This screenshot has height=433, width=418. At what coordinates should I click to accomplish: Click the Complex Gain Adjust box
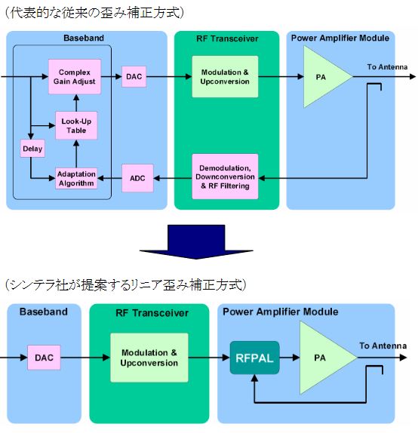click(75, 76)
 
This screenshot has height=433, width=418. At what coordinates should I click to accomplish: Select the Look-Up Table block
click(76, 125)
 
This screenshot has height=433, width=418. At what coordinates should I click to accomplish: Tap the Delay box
click(32, 149)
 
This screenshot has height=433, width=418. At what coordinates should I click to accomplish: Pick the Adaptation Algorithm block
click(76, 178)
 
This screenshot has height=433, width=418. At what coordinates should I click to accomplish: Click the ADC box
click(137, 178)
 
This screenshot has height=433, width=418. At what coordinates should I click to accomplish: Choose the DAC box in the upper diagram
click(134, 76)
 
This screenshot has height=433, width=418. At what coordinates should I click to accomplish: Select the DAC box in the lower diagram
click(44, 358)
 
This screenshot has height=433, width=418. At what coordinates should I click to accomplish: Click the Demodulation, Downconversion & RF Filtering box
click(225, 177)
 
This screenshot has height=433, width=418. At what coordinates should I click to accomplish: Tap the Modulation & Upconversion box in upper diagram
click(225, 76)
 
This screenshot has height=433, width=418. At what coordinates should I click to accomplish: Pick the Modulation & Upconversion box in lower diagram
click(149, 358)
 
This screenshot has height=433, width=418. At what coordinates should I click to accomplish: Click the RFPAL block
click(254, 358)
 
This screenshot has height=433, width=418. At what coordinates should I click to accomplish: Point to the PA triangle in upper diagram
click(322, 76)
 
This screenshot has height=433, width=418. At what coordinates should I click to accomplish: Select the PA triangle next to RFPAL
click(322, 358)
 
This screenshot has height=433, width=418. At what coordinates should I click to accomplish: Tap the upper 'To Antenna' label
click(387, 67)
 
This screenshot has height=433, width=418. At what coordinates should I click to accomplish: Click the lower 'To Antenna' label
click(383, 345)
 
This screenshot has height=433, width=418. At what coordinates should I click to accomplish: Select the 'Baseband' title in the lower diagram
click(44, 312)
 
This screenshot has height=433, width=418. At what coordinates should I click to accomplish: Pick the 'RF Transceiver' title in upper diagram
click(227, 38)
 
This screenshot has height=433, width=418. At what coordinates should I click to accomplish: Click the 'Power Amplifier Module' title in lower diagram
click(281, 312)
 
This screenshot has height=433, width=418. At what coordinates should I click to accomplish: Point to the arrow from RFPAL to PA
click(290, 358)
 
